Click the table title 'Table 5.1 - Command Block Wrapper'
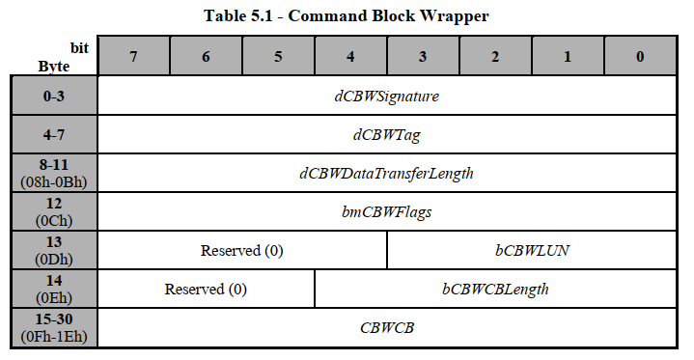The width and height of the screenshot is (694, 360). point(347,15)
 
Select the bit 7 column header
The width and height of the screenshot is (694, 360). point(133,57)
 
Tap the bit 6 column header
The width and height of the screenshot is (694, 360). point(206,57)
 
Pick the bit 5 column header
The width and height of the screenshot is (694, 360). point(278,57)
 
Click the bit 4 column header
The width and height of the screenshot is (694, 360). point(350,57)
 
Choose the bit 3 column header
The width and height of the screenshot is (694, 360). point(423,57)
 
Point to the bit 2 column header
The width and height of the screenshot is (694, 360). point(495,57)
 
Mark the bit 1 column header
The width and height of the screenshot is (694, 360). point(568,57)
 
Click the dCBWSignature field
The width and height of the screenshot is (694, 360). point(386,97)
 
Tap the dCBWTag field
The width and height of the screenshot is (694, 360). point(386,135)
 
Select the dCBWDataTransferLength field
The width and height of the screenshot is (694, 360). point(386,174)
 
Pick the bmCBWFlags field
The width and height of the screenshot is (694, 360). point(386,212)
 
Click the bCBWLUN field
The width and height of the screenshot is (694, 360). point(532,251)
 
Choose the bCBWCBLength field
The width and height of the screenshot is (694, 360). point(495,290)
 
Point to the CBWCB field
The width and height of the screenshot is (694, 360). point(386,328)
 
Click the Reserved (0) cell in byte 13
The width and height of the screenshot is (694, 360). point(241,251)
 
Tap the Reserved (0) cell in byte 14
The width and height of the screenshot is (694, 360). point(206,290)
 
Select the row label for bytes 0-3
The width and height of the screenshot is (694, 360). point(54,97)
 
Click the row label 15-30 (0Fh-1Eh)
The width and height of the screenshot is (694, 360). point(54,328)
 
